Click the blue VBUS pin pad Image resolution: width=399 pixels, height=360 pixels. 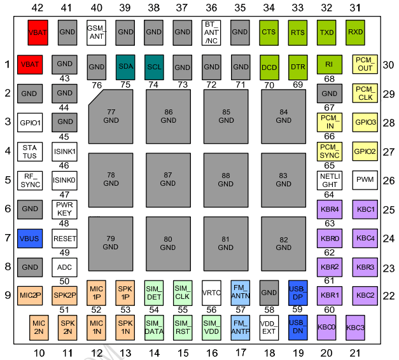(x=31, y=239)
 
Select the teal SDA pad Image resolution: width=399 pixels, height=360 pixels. (x=125, y=66)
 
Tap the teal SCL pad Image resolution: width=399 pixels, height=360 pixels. (x=154, y=66)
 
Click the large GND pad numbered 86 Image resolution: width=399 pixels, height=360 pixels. (x=168, y=116)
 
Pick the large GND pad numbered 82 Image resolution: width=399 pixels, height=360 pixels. (x=283, y=243)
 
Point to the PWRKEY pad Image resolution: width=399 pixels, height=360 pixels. (x=64, y=209)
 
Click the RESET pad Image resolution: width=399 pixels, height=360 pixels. (x=64, y=239)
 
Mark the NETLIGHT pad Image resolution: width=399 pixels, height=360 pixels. (x=329, y=179)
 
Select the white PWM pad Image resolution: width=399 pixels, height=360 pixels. (x=365, y=179)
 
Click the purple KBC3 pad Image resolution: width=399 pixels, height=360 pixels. (x=356, y=327)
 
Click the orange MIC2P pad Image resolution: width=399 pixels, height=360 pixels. (x=31, y=295)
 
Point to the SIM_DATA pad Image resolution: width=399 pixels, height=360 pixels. (x=154, y=327)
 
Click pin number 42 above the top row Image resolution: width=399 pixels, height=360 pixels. (x=38, y=8)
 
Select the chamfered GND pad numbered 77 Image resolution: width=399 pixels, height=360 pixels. (x=111, y=116)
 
